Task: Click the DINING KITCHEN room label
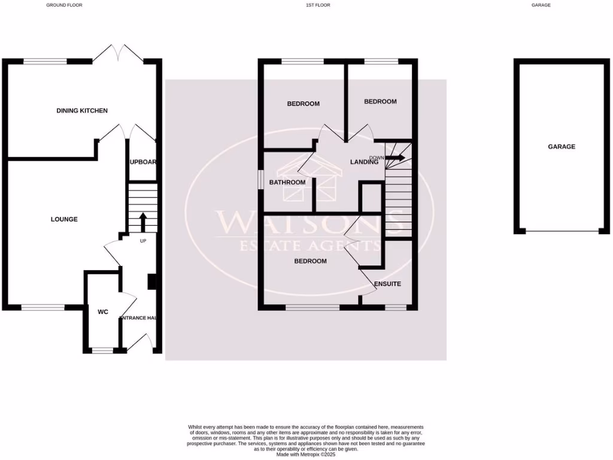click(82, 111)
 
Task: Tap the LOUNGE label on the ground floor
click(64, 219)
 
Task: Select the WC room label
click(102, 311)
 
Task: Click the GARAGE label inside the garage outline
click(561, 147)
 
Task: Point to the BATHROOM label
click(287, 183)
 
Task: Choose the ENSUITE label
click(387, 284)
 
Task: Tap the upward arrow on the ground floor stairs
click(142, 221)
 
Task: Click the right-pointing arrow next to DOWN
click(395, 158)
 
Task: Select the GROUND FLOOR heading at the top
click(64, 5)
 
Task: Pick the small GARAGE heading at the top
click(541, 5)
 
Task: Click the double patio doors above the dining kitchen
click(118, 53)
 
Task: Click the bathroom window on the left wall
click(260, 180)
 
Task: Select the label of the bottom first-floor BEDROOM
click(310, 261)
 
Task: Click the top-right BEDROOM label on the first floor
click(380, 102)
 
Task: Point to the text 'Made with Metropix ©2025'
click(306, 454)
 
